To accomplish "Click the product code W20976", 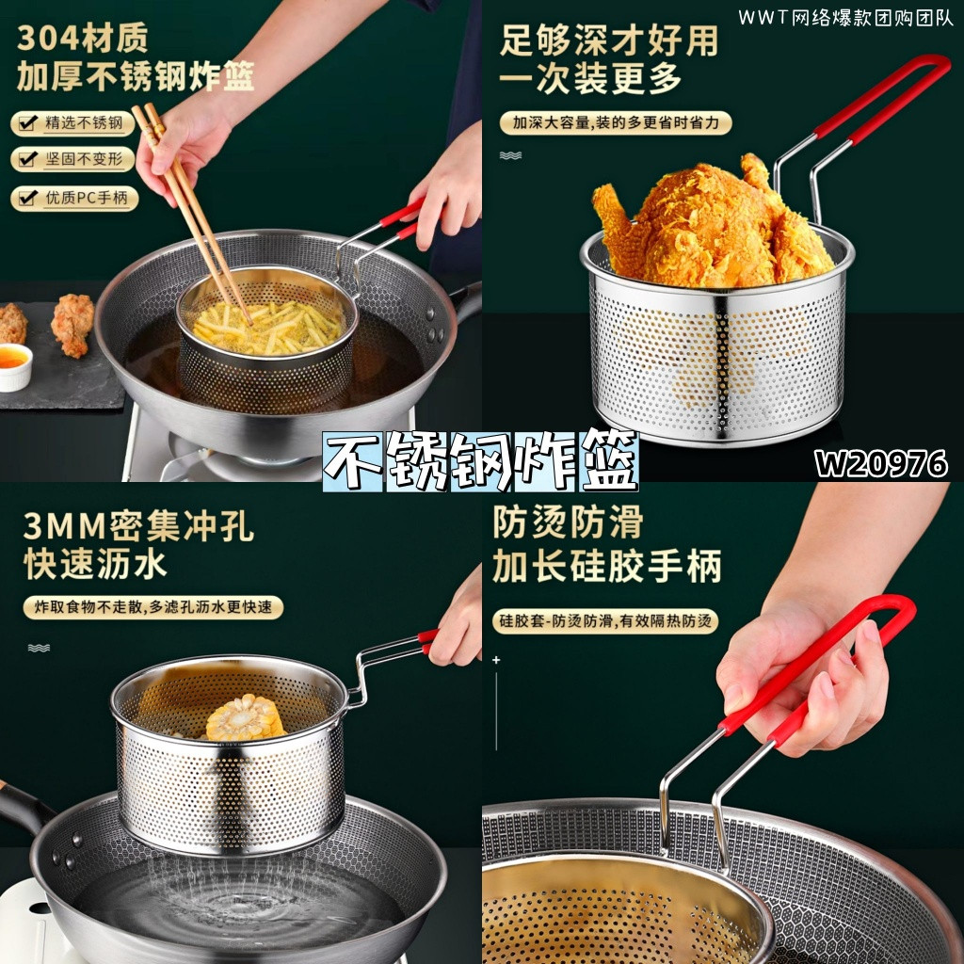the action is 880,463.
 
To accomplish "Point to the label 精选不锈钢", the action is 84,123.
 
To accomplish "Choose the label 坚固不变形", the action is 84,159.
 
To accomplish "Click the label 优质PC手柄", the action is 86,198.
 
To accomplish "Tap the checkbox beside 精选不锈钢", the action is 27,123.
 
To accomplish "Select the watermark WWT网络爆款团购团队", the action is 846,18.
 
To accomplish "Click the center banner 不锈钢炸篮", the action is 481,461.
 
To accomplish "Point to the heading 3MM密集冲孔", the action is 138,526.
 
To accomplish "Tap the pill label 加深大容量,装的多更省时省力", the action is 616,123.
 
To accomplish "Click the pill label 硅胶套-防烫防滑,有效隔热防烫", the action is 605,621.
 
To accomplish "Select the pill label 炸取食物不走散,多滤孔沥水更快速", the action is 153,607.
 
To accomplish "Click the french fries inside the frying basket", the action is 267,329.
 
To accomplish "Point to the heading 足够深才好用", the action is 609,41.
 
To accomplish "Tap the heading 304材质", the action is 83,38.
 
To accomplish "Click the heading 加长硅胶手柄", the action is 607,566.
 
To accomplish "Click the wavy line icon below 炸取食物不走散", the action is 39,648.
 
